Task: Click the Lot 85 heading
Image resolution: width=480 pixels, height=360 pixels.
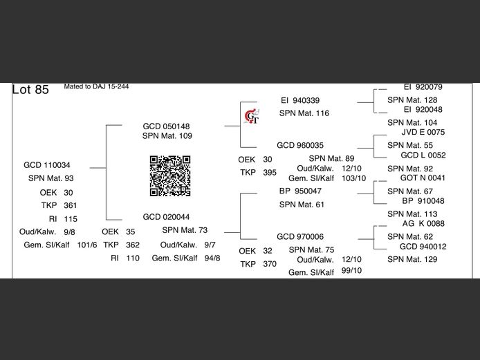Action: point(30,90)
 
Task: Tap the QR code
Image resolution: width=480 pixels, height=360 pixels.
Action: point(170,176)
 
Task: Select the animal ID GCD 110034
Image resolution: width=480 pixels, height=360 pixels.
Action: point(46,165)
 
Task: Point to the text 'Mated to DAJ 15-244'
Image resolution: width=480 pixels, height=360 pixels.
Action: point(96,87)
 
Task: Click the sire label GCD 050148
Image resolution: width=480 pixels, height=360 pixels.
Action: point(166,126)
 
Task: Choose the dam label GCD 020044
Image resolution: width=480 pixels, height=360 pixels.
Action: point(166,217)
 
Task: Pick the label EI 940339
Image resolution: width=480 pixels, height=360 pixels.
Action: point(300,100)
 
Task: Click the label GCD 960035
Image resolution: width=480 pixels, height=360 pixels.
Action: point(300,146)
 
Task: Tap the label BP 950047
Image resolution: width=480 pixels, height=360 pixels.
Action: point(300,191)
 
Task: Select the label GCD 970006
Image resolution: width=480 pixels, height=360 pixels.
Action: point(300,236)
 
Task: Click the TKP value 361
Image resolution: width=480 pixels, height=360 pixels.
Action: point(71,205)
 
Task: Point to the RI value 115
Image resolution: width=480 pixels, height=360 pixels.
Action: point(71,218)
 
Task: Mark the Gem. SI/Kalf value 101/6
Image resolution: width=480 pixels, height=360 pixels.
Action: point(87,245)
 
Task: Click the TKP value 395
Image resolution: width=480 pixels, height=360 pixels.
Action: point(270,172)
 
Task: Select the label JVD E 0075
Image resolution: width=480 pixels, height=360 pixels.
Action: point(423,132)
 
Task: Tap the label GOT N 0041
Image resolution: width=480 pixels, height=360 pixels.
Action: point(423,178)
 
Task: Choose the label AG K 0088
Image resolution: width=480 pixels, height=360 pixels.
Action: point(423,224)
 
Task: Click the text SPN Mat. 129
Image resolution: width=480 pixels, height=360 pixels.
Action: point(412,259)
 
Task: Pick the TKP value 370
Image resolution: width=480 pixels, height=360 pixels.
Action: point(270,264)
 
